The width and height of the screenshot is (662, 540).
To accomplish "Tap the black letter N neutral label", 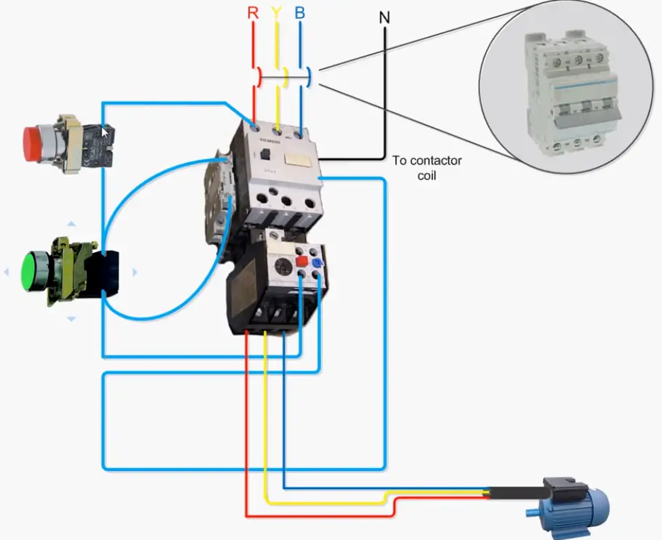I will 384,17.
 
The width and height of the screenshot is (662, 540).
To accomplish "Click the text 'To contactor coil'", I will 427,167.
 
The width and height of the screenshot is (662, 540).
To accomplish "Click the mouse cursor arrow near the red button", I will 106,133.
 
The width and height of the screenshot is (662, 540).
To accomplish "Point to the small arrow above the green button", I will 71,225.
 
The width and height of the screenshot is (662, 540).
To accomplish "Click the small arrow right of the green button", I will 134,272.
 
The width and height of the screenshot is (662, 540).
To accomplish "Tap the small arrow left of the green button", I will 6,272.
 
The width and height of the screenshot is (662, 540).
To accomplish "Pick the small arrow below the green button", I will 71,318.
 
